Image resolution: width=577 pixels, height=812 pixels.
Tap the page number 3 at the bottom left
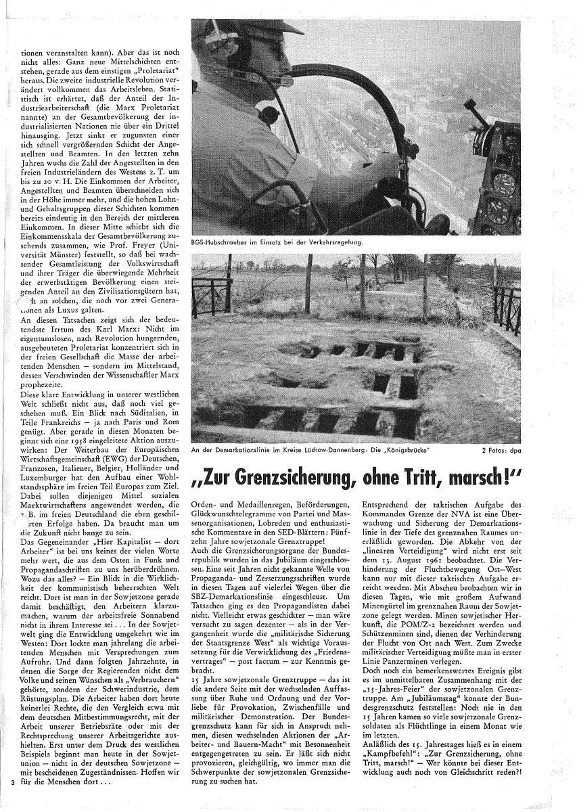coord(12,783)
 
